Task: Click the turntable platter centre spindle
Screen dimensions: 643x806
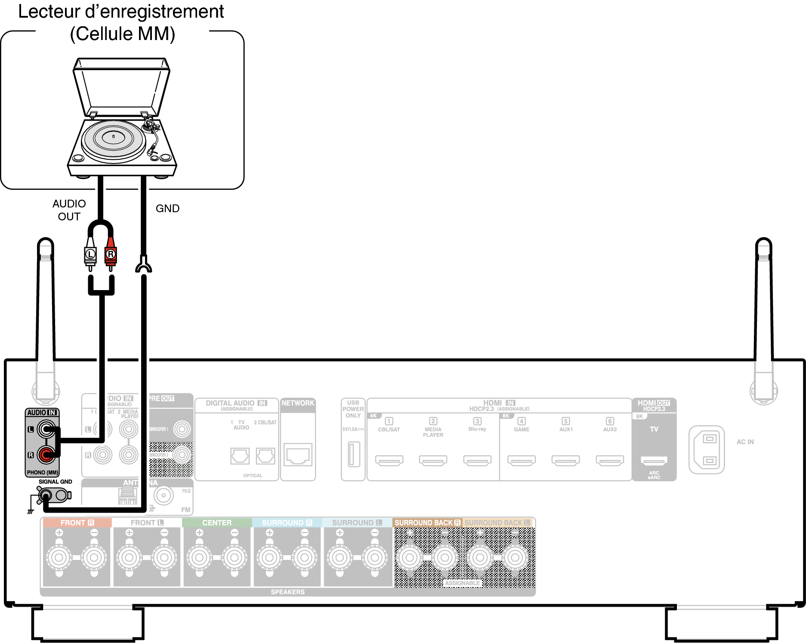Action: point(114,136)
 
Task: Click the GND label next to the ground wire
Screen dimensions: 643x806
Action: point(167,208)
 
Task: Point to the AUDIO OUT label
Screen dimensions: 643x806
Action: point(69,210)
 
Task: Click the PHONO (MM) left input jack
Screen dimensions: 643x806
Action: point(46,429)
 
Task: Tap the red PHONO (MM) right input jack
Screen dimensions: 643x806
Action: point(46,454)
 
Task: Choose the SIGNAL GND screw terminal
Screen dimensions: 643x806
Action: point(45,495)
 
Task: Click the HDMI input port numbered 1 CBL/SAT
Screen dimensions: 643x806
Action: point(389,461)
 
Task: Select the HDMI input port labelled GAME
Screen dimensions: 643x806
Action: point(522,461)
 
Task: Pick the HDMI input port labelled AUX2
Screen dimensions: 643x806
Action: point(610,461)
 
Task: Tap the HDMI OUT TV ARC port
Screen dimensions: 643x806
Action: point(654,461)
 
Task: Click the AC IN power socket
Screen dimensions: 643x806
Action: point(707,450)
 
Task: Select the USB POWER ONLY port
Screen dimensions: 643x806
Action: point(354,454)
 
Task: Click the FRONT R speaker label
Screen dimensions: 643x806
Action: point(77,522)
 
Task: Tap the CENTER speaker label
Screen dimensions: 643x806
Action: point(217,522)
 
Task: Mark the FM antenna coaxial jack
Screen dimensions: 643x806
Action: point(164,495)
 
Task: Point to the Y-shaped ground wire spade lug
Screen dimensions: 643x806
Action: point(144,265)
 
